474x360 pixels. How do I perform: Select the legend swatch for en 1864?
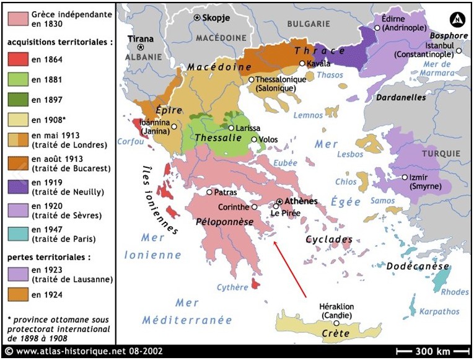pos(18,59)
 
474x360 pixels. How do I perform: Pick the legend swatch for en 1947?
pos(18,235)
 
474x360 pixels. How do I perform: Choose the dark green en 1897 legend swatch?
pos(18,99)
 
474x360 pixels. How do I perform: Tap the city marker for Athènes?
pos(279,202)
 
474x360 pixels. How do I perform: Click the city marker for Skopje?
pos(198,18)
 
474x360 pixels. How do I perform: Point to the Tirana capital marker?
pos(141,47)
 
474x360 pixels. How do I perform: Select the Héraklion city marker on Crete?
pos(336,323)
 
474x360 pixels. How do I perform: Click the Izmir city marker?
pos(404,177)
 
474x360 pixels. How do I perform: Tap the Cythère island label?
pos(232,288)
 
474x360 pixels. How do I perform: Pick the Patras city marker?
pos(209,193)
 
